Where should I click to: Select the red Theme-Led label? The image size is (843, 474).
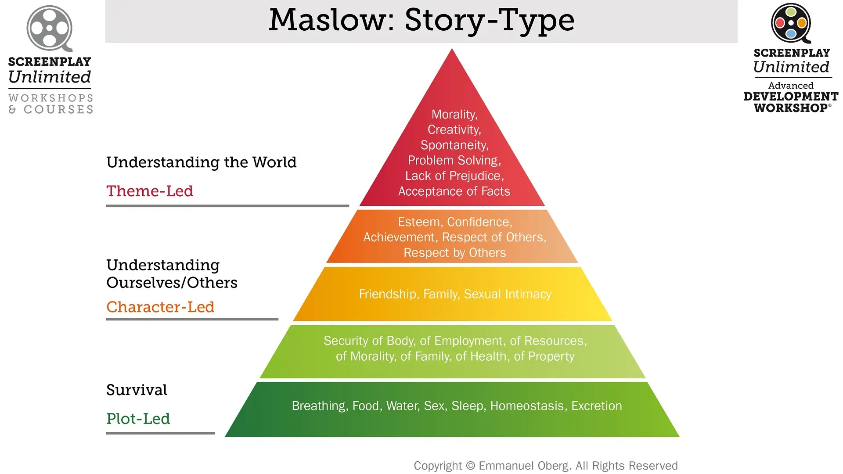tap(150, 191)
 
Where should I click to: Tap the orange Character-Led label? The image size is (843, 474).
tap(160, 307)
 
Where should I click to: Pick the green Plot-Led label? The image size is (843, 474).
tap(138, 419)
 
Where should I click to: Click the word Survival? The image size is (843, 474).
tap(137, 390)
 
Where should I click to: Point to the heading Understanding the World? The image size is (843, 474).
tap(201, 162)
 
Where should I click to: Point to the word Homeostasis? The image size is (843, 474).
tap(526, 406)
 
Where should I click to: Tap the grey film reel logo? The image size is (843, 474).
tap(50, 28)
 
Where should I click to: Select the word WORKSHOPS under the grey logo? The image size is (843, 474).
tap(51, 98)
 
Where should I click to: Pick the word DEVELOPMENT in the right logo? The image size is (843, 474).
tap(791, 97)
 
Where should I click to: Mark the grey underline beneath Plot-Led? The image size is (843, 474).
tap(160, 433)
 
